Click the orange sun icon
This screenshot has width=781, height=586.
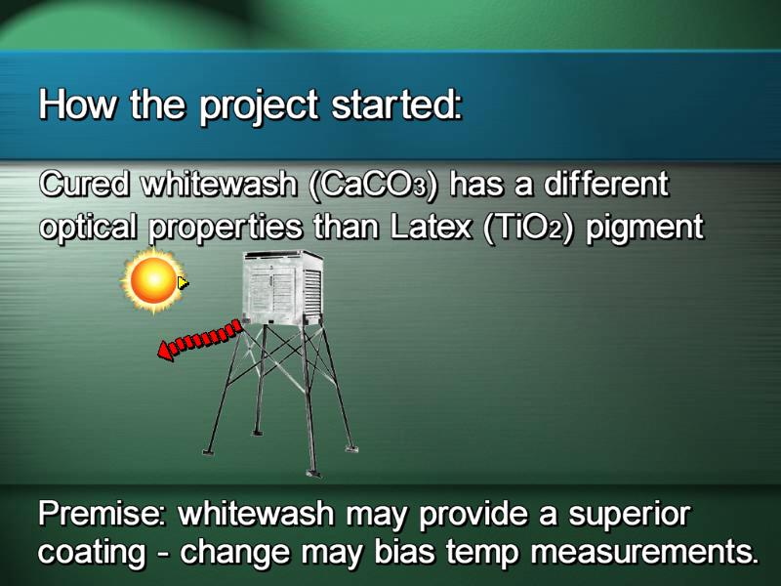point(153,279)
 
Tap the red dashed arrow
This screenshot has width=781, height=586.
point(200,340)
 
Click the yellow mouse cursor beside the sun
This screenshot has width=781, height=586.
point(183,282)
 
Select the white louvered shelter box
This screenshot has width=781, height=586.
point(282,288)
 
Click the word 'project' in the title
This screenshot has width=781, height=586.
point(259,106)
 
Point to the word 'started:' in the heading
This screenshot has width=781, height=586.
point(397,105)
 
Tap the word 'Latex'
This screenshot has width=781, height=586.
point(432,228)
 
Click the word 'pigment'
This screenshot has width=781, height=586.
point(644,230)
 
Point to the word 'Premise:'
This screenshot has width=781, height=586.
point(103,513)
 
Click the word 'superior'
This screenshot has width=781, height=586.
point(629,516)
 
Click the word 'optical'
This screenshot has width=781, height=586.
point(88,229)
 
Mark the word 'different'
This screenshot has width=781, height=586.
point(605,184)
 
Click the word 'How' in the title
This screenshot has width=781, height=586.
point(78,105)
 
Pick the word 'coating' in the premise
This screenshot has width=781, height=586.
point(93,553)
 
